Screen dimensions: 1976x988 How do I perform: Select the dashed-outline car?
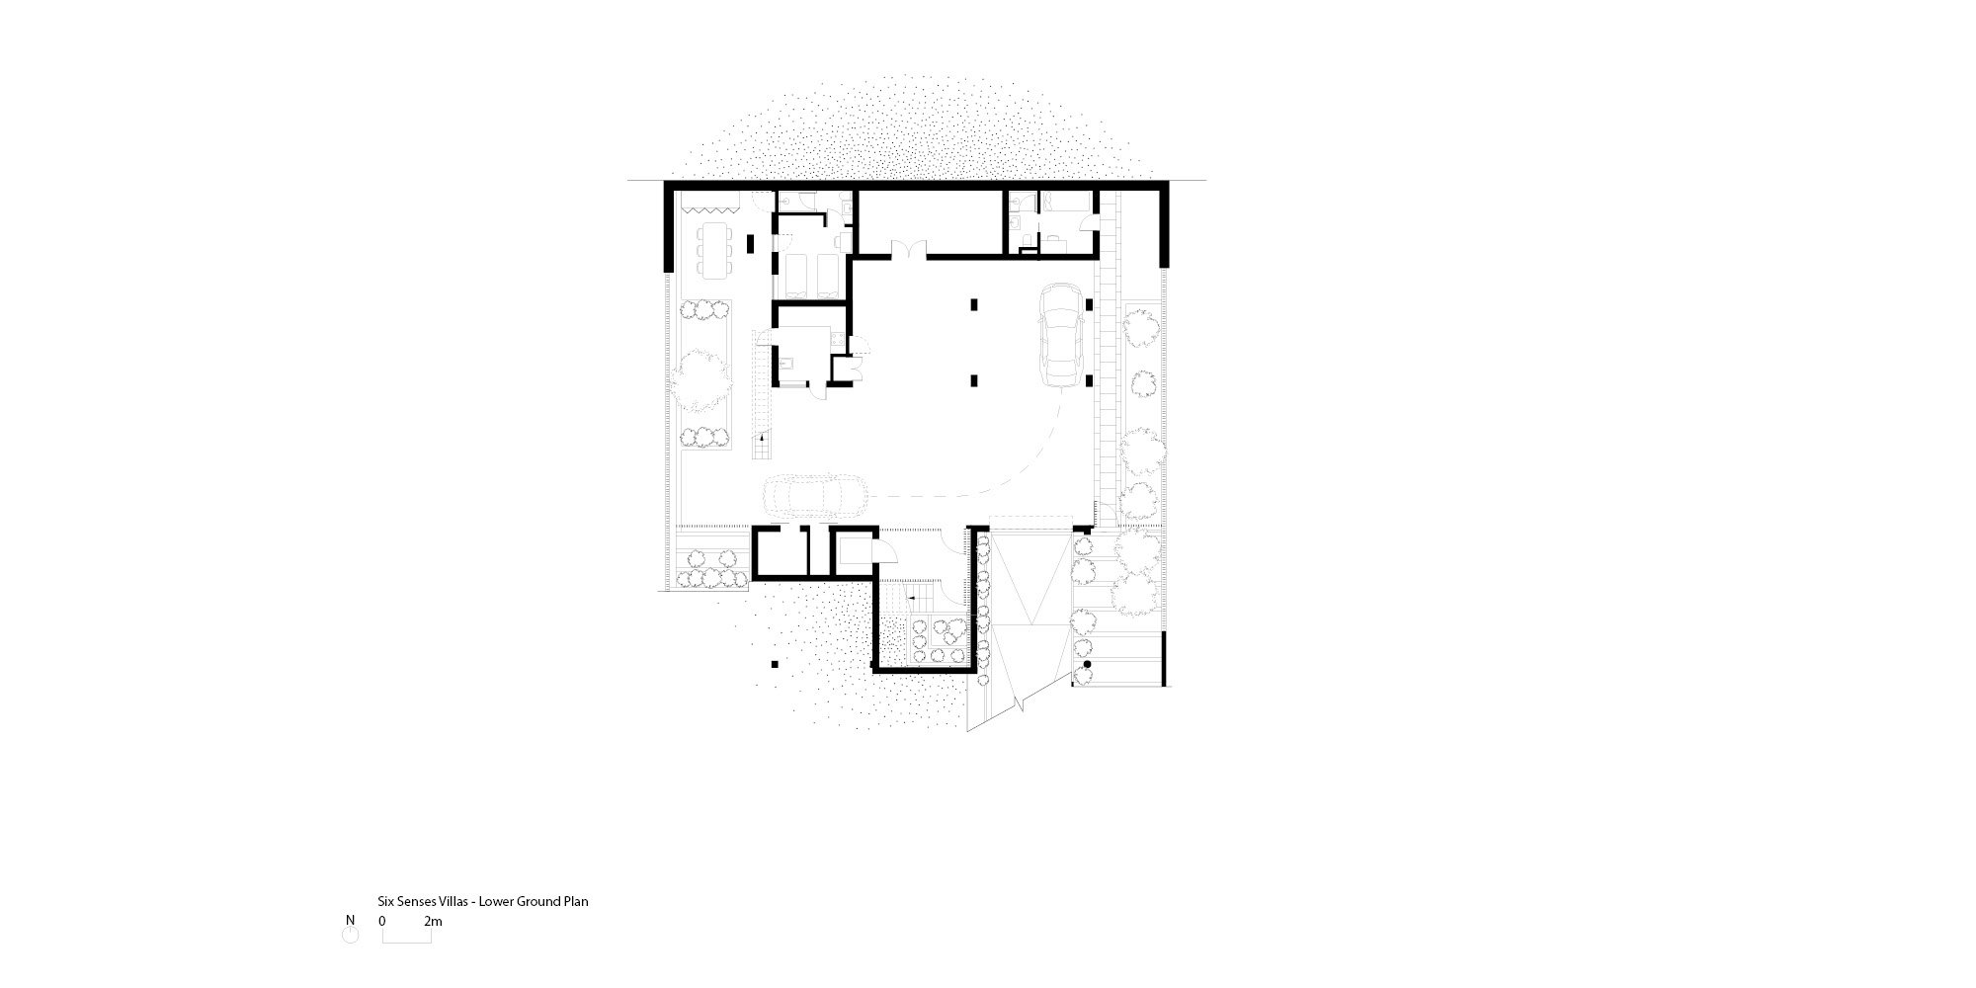[815, 495]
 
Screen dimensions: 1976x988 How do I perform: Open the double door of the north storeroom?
[907, 249]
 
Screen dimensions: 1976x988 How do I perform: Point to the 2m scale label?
[433, 922]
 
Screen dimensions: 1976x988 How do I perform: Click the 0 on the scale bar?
[382, 922]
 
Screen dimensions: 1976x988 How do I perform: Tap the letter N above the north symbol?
[350, 920]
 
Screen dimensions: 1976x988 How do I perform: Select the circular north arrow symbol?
[350, 935]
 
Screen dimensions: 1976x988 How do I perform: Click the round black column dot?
[1086, 667]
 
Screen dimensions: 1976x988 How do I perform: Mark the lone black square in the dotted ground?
[776, 664]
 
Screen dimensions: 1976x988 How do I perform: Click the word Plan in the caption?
[576, 902]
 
